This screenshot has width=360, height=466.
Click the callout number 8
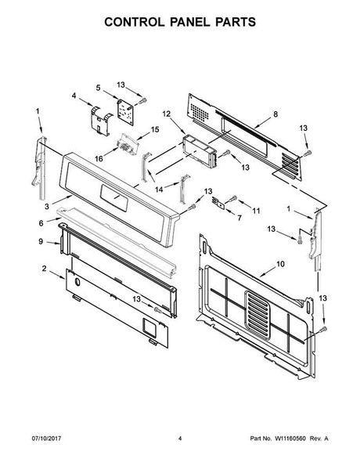[x=275, y=114]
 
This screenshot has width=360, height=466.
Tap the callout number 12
[x=167, y=114]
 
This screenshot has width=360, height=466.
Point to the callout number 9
[x=41, y=242]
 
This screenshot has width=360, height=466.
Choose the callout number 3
[x=47, y=205]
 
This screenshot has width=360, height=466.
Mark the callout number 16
[x=99, y=158]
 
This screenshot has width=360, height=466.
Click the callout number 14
[x=160, y=189]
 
